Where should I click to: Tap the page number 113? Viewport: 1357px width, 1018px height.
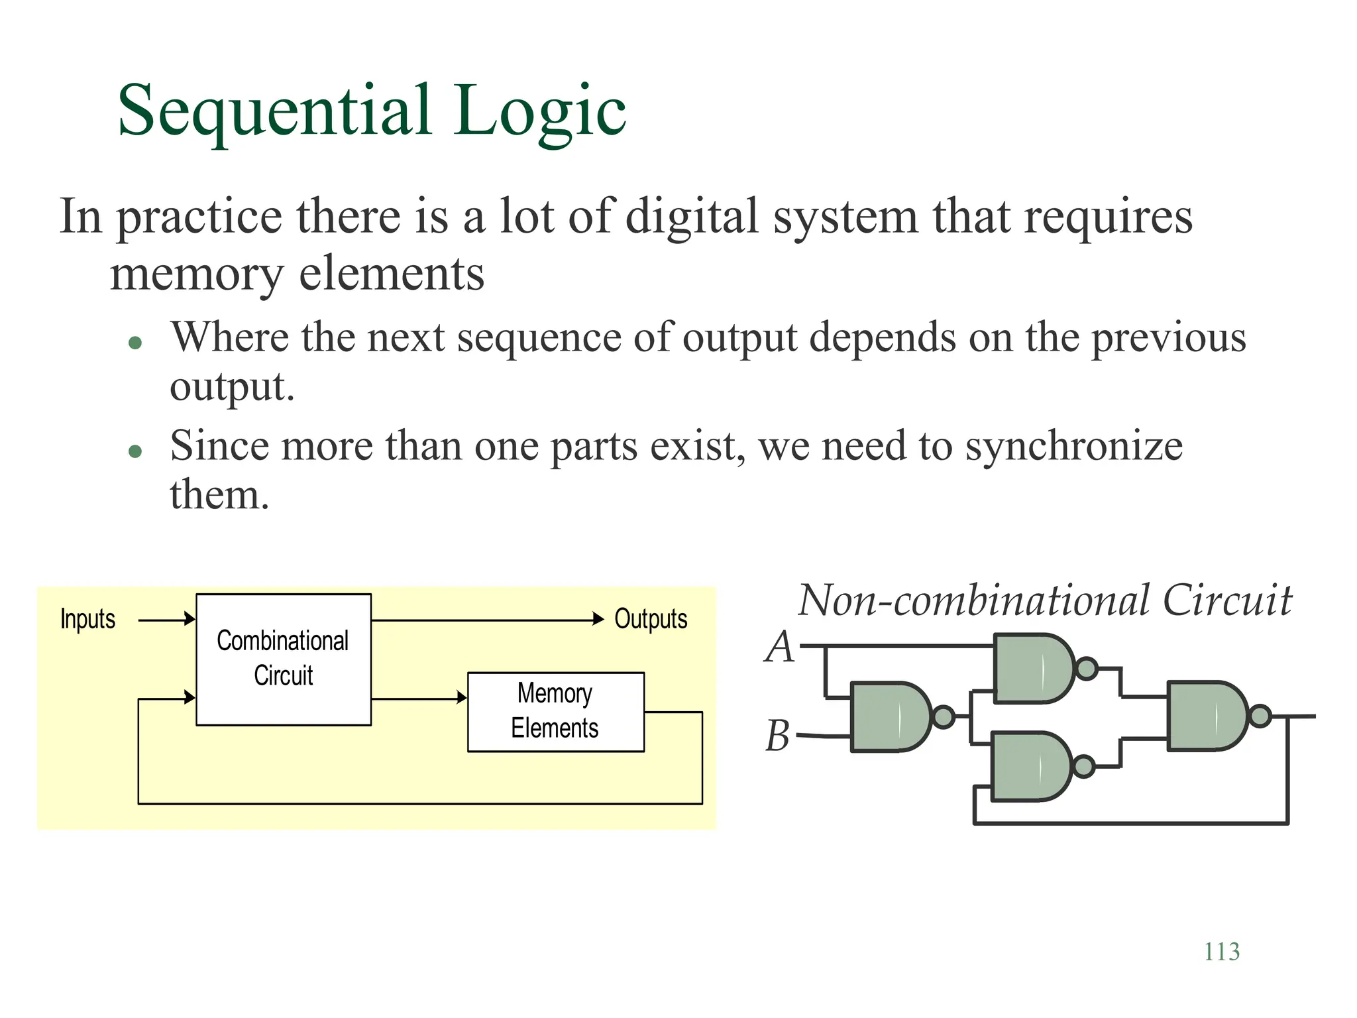click(1221, 952)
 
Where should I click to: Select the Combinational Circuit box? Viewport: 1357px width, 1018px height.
click(284, 659)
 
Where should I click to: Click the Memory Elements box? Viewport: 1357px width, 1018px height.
click(555, 712)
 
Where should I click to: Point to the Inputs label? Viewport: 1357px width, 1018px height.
click(87, 619)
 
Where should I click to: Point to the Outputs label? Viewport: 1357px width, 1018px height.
click(651, 619)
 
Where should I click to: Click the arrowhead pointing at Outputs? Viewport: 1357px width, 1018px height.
click(598, 619)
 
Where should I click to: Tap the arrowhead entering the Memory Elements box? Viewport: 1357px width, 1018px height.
click(462, 698)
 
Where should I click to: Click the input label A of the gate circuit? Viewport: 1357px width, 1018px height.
click(779, 647)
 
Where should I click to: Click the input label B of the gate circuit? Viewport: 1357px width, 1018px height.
click(778, 736)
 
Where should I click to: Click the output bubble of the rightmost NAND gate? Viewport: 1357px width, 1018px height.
click(1260, 716)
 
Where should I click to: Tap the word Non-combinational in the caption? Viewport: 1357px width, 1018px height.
click(973, 600)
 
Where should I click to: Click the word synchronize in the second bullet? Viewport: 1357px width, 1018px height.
click(1073, 445)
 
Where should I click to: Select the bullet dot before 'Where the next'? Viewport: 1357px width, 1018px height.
click(136, 343)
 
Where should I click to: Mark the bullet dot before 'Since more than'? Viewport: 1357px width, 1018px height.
click(136, 451)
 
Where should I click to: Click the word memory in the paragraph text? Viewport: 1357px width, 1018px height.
click(196, 274)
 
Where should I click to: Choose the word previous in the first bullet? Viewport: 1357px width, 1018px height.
click(1168, 338)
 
